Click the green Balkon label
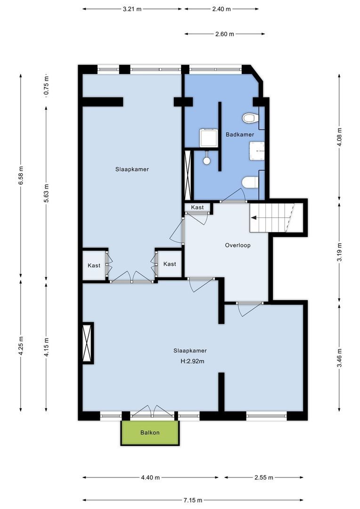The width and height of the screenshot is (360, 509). tap(150, 433)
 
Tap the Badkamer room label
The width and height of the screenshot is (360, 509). tap(239, 134)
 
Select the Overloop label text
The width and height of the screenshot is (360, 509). tap(237, 245)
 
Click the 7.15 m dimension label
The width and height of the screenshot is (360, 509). tap(193, 500)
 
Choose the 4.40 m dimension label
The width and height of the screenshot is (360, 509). tap(150, 477)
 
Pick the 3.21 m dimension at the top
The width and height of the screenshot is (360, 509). tap(132, 8)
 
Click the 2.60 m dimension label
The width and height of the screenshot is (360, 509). tap(225, 34)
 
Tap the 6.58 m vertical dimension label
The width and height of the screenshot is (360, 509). tap(21, 176)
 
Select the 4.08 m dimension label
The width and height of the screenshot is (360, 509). tap(339, 138)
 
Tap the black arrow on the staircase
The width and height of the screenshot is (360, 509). tap(254, 218)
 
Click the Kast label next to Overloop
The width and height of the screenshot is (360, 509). tap(197, 207)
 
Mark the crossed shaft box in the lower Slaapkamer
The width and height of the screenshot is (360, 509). tap(87, 343)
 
